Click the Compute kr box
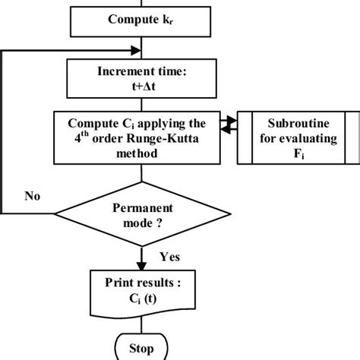[137, 19]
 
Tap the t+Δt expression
[137, 86]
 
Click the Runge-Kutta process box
[137, 137]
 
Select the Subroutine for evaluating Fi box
[299, 137]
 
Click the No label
[32, 196]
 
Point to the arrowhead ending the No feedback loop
[139, 51]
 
